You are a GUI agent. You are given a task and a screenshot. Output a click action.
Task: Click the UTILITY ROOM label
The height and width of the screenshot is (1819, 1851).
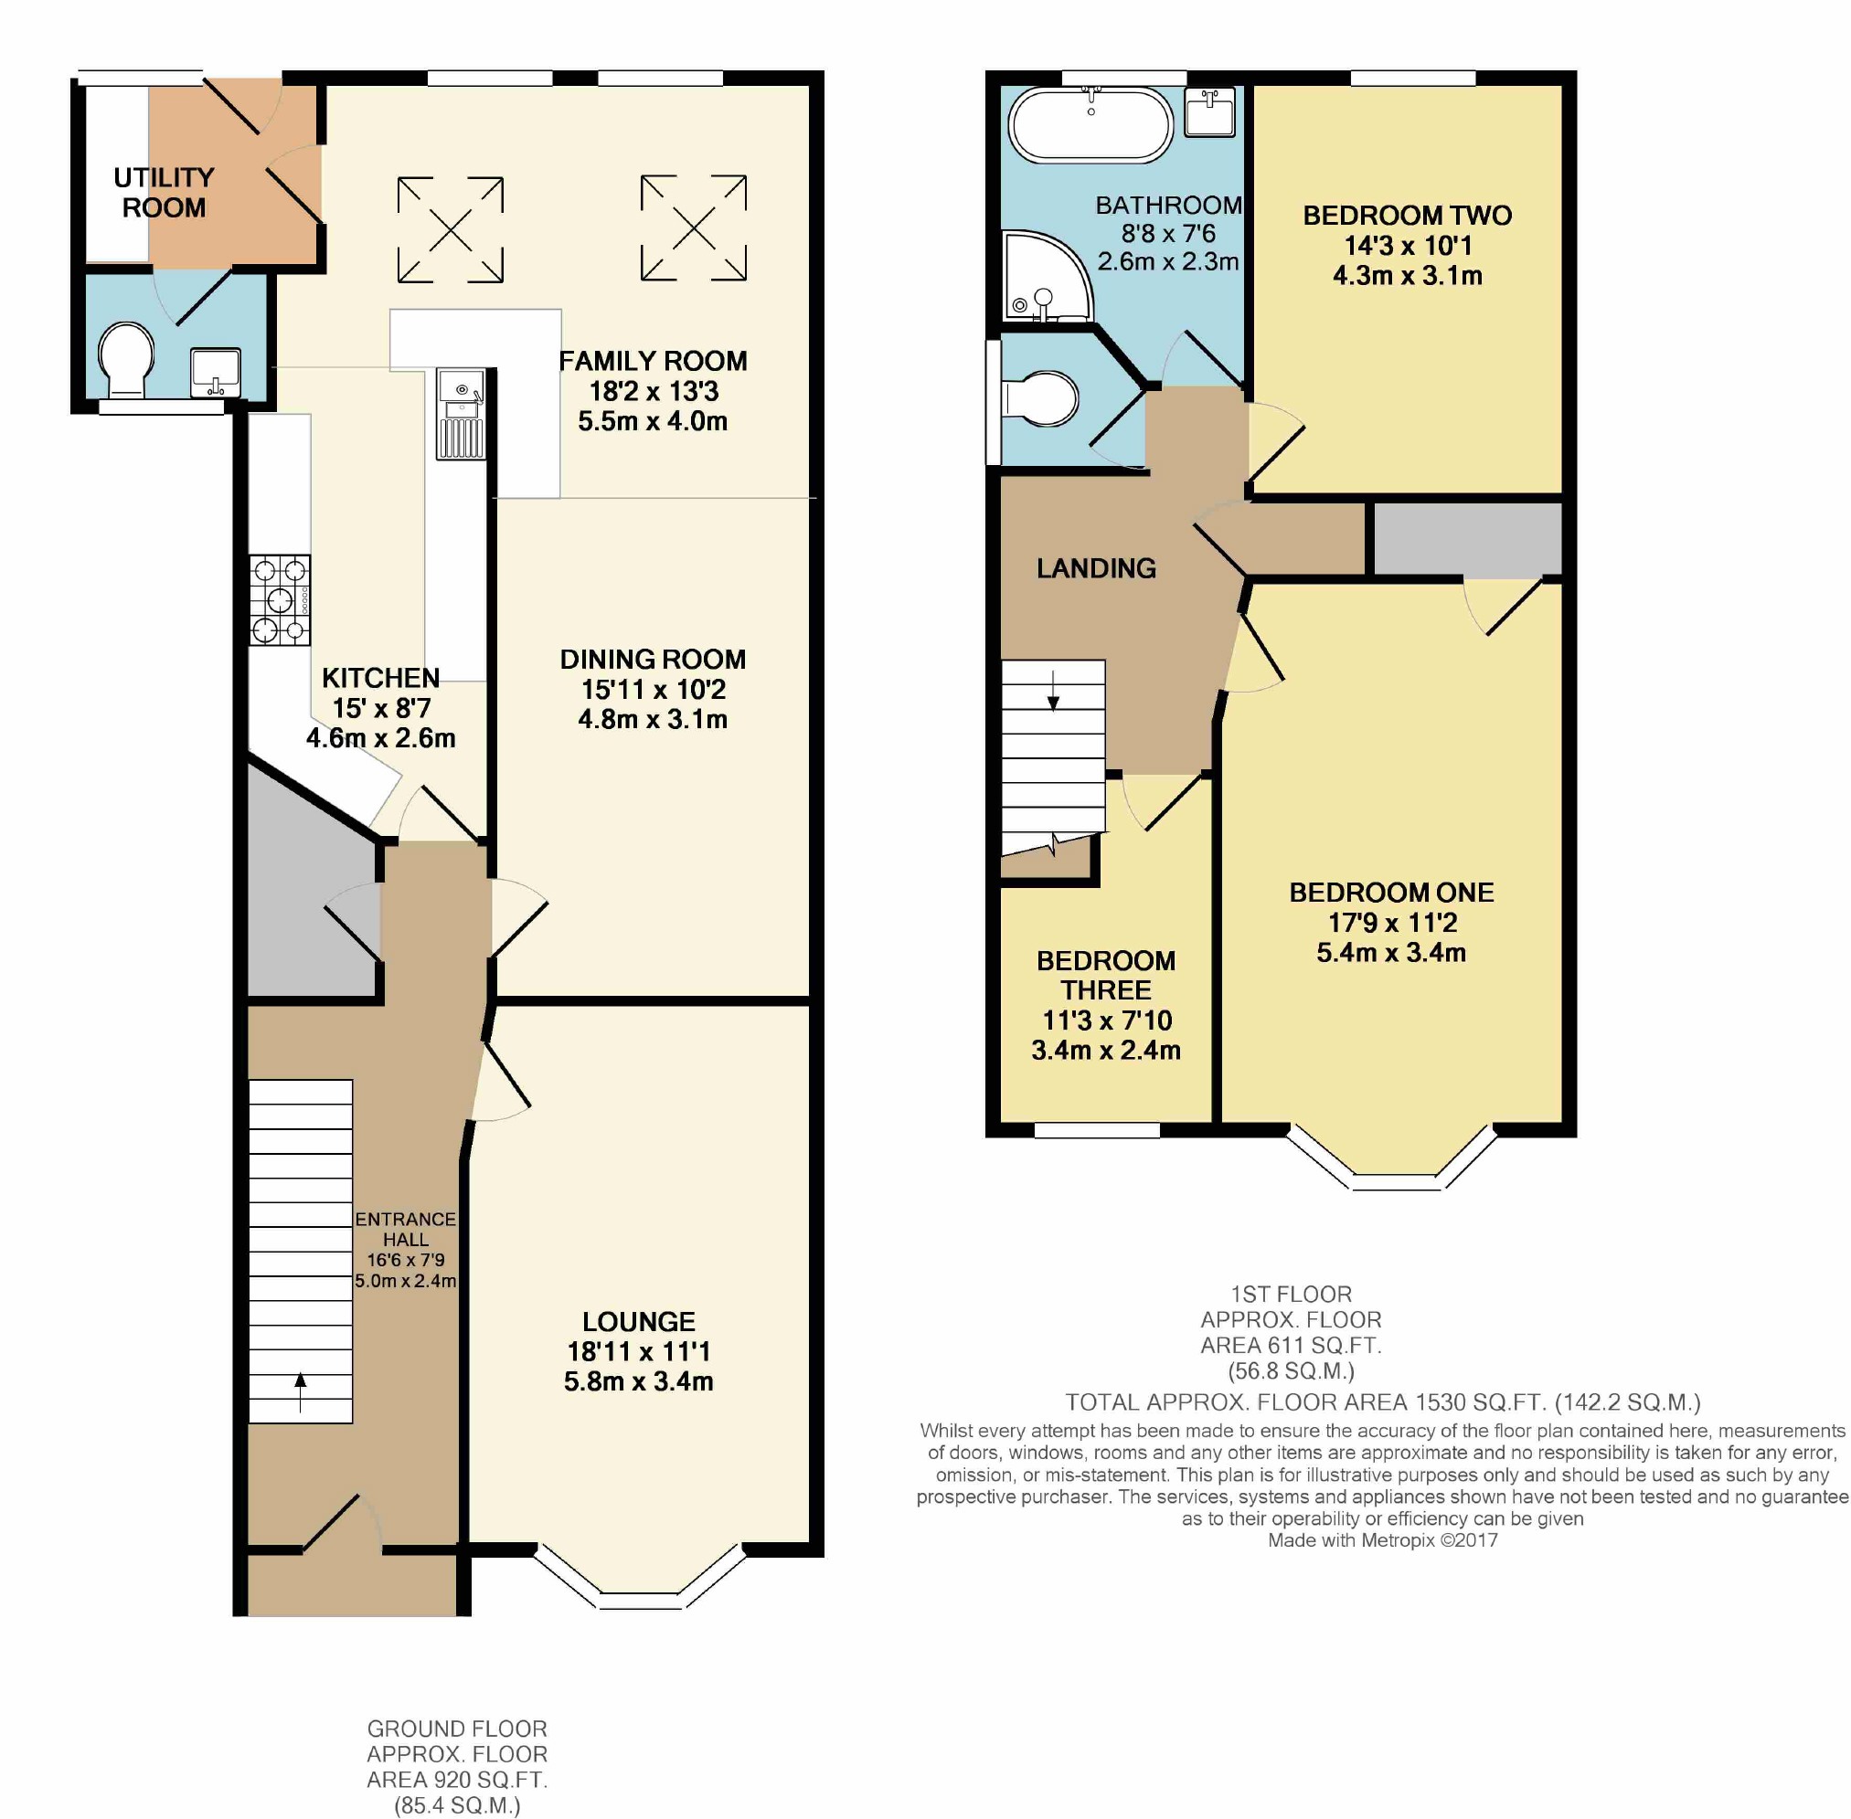(x=164, y=192)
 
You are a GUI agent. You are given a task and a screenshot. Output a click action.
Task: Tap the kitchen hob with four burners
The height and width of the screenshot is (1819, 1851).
(x=280, y=600)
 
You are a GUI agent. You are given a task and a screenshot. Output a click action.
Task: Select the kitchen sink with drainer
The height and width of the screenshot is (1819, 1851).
(x=462, y=415)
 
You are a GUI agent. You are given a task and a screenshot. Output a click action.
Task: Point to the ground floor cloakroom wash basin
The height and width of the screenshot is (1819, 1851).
(x=215, y=372)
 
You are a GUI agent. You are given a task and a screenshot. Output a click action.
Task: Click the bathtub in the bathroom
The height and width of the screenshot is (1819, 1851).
(x=1090, y=126)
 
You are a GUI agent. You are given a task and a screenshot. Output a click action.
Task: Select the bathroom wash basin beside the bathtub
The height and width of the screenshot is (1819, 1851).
(x=1208, y=111)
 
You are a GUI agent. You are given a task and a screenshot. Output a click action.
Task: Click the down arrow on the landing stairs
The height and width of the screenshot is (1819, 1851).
(x=1053, y=691)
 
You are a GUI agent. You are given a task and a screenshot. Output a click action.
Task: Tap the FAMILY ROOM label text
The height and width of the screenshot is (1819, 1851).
(x=653, y=361)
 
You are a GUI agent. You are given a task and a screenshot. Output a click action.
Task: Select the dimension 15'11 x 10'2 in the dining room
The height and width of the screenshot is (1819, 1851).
(x=653, y=689)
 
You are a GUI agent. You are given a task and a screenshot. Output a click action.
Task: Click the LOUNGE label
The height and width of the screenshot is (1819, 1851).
(x=638, y=1321)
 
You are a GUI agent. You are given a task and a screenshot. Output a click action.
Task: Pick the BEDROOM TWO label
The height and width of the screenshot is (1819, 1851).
(x=1407, y=215)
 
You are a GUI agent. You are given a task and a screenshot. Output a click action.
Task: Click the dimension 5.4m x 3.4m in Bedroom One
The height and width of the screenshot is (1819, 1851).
(x=1390, y=953)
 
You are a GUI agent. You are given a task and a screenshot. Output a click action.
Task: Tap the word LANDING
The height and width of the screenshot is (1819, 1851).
(x=1096, y=568)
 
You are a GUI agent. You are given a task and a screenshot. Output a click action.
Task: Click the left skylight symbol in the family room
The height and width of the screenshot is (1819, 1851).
(x=450, y=229)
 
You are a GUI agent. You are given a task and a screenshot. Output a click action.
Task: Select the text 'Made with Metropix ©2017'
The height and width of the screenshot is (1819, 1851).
(x=1382, y=1540)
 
